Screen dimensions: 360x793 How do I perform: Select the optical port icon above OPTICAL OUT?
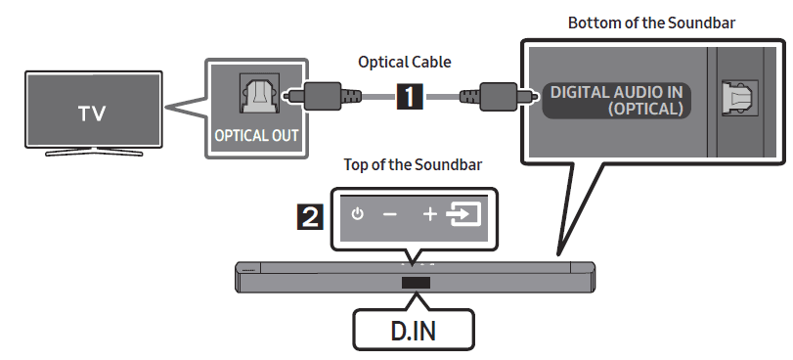click(x=255, y=97)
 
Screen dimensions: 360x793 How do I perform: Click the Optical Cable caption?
click(x=406, y=62)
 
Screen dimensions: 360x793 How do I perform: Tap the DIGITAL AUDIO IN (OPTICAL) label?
click(x=616, y=100)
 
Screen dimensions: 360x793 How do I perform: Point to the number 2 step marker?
click(x=310, y=214)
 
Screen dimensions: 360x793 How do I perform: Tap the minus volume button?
click(x=389, y=214)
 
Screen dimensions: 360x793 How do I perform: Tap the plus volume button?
click(x=430, y=214)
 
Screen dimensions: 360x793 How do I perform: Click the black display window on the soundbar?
click(x=415, y=283)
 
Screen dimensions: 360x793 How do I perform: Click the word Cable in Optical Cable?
click(x=431, y=62)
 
